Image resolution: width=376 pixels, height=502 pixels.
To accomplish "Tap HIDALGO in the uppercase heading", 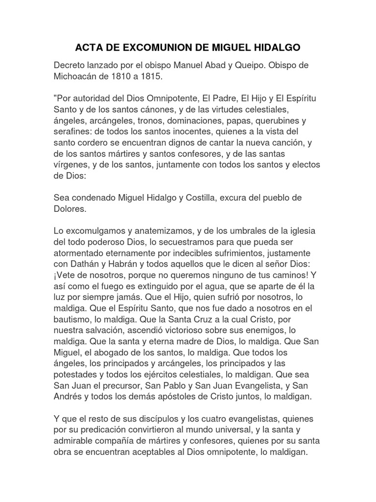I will pos(276,48).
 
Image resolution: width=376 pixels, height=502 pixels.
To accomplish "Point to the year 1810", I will pos(129,77).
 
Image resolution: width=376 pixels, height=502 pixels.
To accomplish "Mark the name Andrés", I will pos(68,396).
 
